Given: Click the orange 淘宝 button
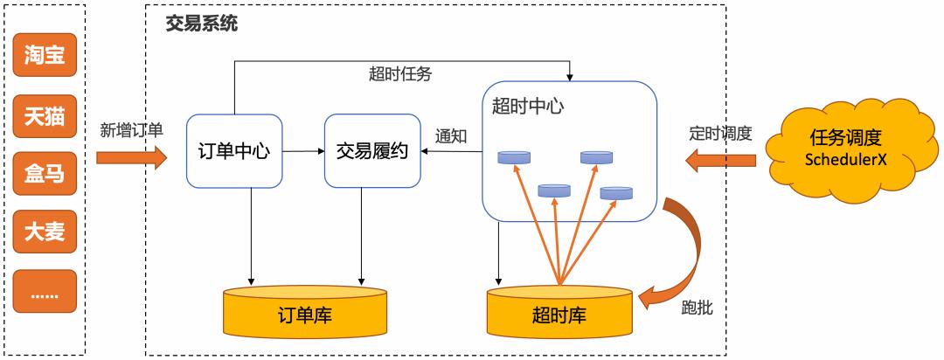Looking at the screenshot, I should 44,56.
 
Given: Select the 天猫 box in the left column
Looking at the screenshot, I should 44,114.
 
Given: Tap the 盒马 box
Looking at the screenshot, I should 44,173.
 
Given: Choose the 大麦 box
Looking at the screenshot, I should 44,232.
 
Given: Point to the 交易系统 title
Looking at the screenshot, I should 202,24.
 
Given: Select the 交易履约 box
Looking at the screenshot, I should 372,150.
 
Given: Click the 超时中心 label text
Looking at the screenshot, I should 527,107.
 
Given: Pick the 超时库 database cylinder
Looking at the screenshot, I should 559,311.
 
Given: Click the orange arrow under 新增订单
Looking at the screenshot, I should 131,157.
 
